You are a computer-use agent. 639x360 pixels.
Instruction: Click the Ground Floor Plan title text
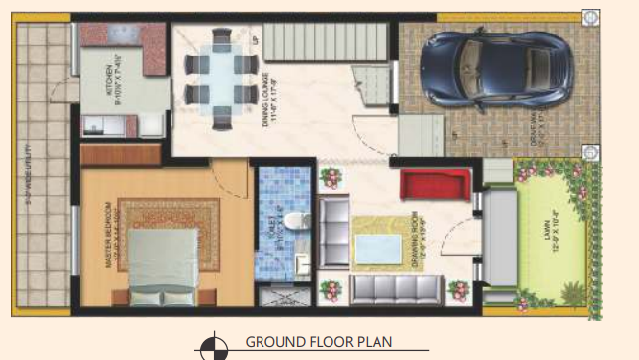[318, 342]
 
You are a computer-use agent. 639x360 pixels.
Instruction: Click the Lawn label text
[553, 238]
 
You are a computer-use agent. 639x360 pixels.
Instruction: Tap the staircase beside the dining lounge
[326, 43]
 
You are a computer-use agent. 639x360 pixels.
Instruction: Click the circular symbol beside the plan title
[215, 346]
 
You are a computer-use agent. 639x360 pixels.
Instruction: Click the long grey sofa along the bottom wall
[396, 288]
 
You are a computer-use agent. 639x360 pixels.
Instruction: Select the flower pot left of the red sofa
[331, 178]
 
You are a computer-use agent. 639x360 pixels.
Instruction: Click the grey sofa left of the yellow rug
[334, 231]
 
